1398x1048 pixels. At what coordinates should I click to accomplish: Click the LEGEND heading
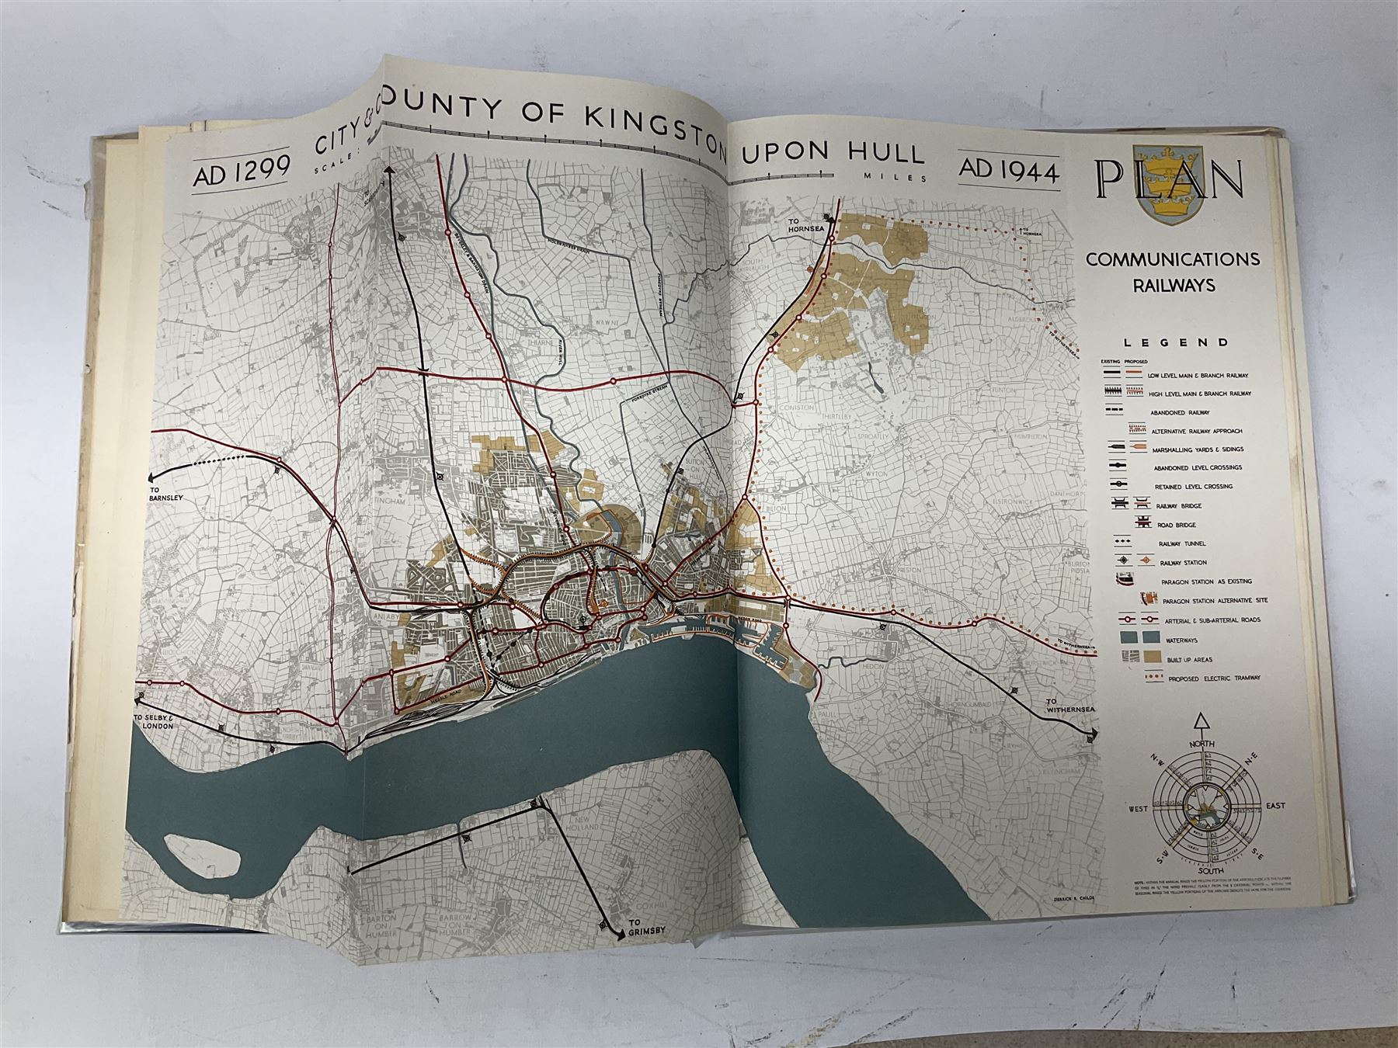coord(1176,342)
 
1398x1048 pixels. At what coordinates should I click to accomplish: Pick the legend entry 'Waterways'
coord(1177,640)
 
